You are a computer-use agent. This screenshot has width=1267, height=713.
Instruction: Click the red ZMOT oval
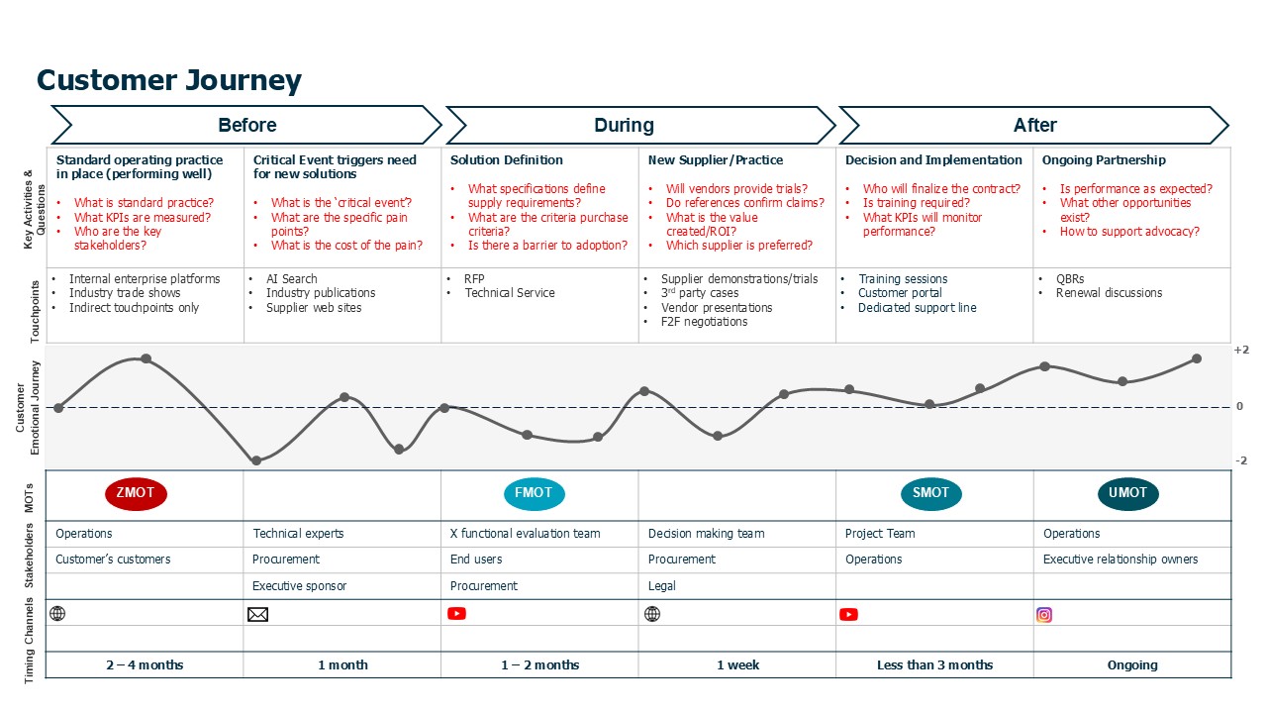point(136,493)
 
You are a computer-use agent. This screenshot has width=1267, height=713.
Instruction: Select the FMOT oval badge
point(534,493)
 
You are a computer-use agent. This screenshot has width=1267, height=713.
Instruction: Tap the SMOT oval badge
point(930,493)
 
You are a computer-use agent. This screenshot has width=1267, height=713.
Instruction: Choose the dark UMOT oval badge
point(1127,493)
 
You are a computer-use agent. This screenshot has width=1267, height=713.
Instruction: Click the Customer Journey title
point(169,80)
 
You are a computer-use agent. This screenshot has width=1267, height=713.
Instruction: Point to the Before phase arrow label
point(246,126)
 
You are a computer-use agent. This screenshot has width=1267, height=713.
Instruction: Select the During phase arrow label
point(624,126)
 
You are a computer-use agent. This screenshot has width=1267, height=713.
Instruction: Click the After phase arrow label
point(1034,126)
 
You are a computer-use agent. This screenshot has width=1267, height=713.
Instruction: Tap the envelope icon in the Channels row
point(257,614)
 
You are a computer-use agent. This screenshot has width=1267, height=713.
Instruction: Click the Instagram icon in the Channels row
point(1044,614)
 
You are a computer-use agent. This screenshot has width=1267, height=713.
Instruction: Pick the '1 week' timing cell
point(737,665)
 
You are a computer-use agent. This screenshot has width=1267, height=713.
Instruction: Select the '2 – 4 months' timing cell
point(145,665)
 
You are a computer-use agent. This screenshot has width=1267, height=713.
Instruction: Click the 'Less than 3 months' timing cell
point(934,665)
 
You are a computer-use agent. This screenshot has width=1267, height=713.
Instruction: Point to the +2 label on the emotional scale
point(1240,351)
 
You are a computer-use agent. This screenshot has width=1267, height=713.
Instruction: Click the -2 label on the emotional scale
point(1240,460)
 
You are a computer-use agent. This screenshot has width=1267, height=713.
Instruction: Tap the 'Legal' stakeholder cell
point(662,586)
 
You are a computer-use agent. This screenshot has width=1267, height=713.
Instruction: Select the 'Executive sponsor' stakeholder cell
point(299,586)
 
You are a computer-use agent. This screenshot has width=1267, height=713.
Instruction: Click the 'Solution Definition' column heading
point(506,160)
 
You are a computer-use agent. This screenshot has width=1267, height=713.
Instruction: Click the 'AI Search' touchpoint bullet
point(291,279)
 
